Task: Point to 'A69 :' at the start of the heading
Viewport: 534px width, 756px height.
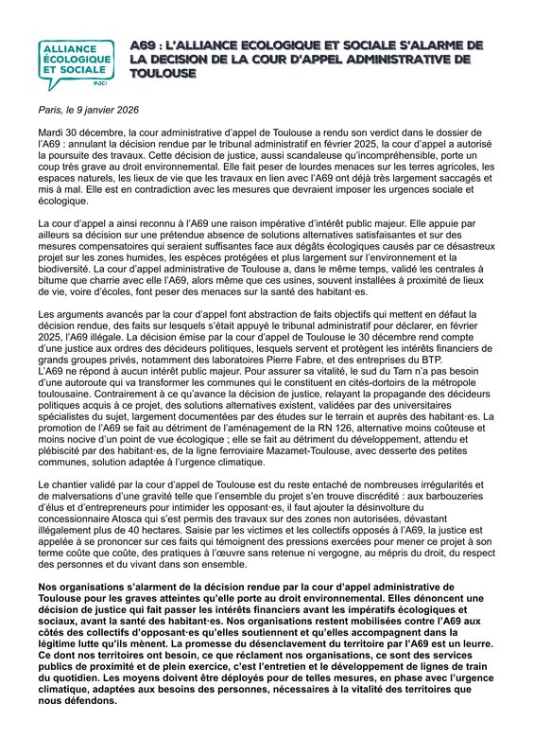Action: pos(147,44)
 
